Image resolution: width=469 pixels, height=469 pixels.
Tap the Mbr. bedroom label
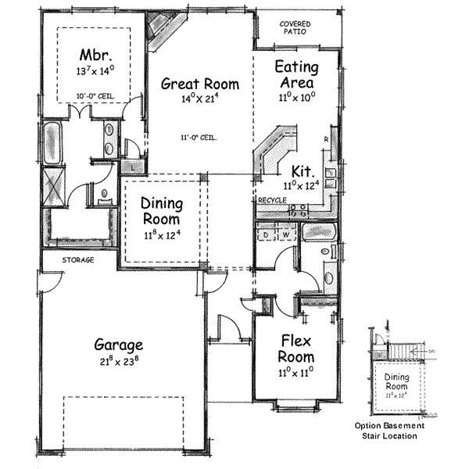point(97,56)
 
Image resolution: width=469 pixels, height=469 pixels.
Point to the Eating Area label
point(295,75)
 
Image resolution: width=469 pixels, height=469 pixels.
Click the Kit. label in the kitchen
point(303,170)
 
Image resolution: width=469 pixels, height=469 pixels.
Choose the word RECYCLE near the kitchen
point(271,201)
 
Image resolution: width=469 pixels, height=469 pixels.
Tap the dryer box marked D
point(266,234)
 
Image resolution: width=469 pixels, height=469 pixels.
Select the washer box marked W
point(285,234)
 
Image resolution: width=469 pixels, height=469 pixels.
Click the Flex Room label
point(295,349)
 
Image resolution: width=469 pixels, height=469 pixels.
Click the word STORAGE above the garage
point(78,260)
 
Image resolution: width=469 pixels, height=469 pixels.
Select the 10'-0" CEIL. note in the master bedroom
point(95,96)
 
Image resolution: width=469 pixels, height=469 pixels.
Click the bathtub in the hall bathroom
point(318,233)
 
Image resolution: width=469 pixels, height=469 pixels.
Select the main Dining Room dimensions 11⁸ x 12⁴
point(161,234)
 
